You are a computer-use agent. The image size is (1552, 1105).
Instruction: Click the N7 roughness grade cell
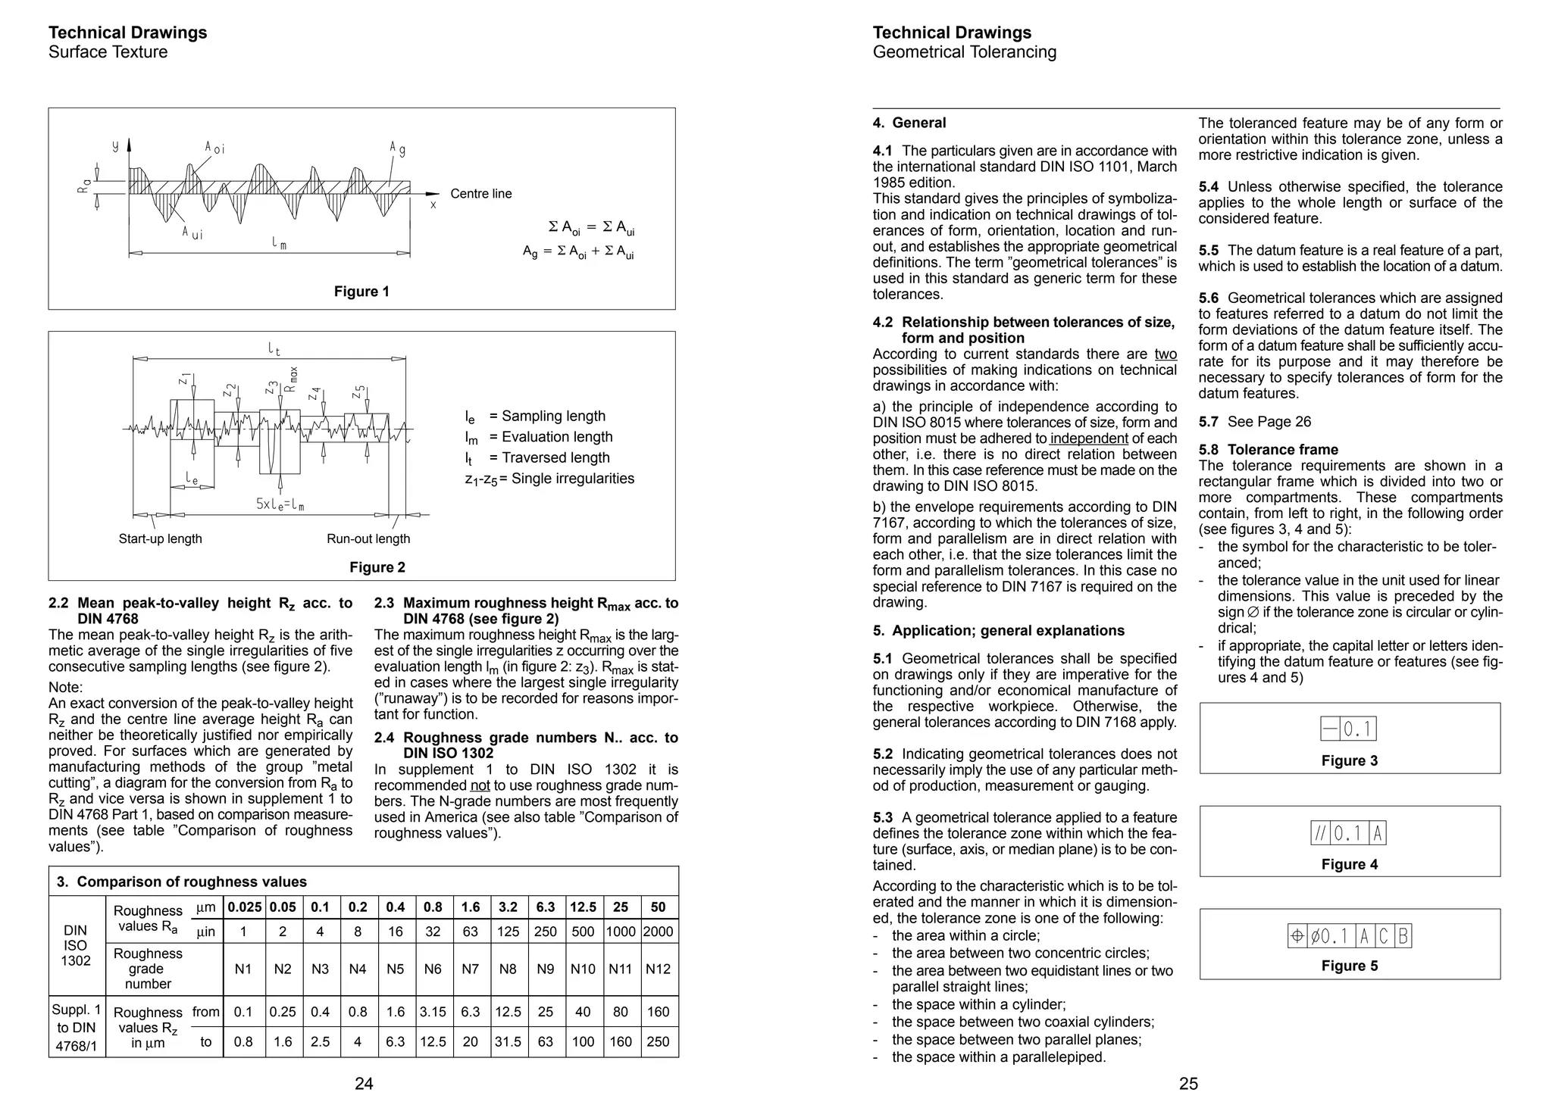coord(470,969)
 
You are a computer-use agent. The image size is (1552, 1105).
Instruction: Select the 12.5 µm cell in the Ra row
coord(583,907)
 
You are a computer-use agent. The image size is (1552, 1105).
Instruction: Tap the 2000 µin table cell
coord(658,932)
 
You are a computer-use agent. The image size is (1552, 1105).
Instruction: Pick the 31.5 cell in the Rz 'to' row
coord(508,1041)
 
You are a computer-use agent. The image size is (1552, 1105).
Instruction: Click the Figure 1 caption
coord(361,292)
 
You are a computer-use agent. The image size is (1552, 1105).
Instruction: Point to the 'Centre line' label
coord(480,194)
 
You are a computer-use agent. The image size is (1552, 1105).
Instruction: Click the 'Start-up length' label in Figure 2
coord(160,538)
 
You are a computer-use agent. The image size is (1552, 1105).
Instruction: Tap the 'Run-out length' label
coord(368,538)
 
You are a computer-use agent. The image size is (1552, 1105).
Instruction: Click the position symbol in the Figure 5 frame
coord(1297,937)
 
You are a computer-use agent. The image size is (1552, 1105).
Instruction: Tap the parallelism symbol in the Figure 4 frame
coord(1320,834)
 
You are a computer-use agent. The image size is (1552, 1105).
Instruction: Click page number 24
coord(364,1084)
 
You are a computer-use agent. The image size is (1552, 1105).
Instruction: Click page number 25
coord(1188,1084)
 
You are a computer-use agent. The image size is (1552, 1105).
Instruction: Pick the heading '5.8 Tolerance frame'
coord(1269,450)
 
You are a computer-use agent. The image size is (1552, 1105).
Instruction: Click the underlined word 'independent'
coord(1089,439)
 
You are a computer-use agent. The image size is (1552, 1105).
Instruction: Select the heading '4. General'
coord(909,123)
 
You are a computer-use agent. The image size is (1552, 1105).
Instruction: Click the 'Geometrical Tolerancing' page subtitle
coord(964,52)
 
